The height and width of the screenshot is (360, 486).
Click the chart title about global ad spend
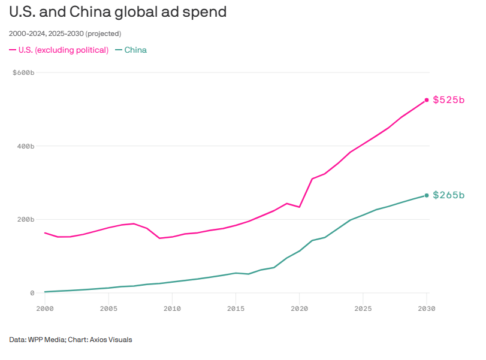pos(117,12)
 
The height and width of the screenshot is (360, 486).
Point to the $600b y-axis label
pos(24,73)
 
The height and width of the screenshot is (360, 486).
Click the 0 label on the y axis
pos(32,293)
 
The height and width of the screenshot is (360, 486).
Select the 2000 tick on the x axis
pos(45,309)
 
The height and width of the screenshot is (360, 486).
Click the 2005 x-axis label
pos(108,309)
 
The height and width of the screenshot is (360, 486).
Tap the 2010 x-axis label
pos(172,309)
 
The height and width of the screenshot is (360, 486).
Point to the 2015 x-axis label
pos(236,309)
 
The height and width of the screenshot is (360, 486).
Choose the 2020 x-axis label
pos(299,309)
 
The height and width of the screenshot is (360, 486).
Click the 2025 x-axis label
pos(363,309)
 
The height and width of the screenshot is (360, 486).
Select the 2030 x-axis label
pos(427,309)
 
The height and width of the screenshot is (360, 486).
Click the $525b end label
pos(449,100)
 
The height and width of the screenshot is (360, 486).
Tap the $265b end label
pos(449,195)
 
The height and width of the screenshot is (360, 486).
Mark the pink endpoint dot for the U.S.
pos(427,100)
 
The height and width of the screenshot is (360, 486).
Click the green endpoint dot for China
pos(427,195)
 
